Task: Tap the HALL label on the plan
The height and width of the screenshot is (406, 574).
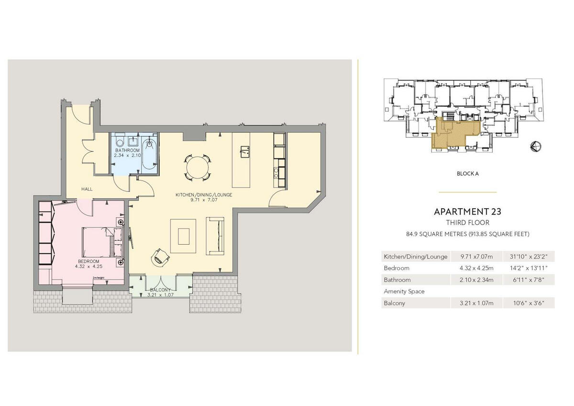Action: click(x=87, y=189)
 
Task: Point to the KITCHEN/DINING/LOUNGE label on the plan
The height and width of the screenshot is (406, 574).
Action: click(x=197, y=195)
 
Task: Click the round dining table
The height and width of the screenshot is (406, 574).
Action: click(x=198, y=168)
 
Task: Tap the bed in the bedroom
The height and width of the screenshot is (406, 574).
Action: click(x=98, y=242)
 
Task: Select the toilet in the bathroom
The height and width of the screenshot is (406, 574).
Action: click(x=120, y=142)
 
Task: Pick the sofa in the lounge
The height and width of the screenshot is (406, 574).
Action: click(x=215, y=236)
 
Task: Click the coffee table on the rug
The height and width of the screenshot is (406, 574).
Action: click(x=184, y=236)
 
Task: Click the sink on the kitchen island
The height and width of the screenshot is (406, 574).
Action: click(x=244, y=151)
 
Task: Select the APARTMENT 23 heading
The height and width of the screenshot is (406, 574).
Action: click(x=467, y=211)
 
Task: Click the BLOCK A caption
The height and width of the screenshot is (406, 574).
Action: click(x=467, y=174)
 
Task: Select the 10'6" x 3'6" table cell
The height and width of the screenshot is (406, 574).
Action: click(x=528, y=303)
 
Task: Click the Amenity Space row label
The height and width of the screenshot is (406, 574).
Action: click(x=404, y=291)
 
